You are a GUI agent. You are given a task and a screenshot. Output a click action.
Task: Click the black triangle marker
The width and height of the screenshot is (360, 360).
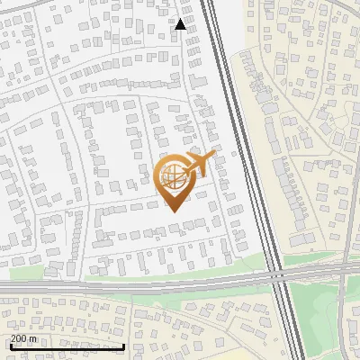click(x=181, y=24)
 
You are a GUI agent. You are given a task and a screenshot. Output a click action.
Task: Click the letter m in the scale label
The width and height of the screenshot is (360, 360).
click(x=33, y=338)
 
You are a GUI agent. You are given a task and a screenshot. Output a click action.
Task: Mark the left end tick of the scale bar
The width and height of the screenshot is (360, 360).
click(x=9, y=346)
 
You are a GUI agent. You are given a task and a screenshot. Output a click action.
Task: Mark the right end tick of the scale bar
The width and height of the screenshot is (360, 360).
click(x=124, y=346)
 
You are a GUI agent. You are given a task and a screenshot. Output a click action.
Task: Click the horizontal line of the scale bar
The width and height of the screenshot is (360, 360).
click(x=67, y=346)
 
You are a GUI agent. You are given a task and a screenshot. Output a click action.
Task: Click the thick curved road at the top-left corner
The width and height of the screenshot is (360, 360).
click(x=27, y=5)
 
